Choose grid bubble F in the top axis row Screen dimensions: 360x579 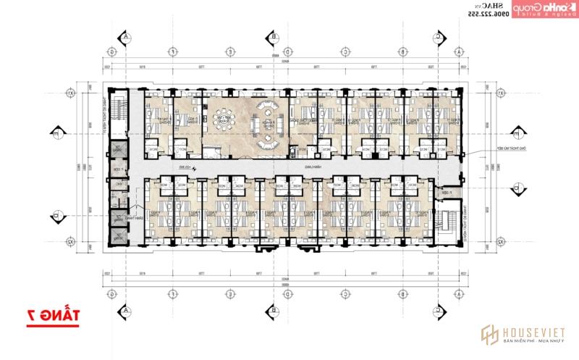174,52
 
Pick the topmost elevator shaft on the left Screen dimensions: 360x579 117,150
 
